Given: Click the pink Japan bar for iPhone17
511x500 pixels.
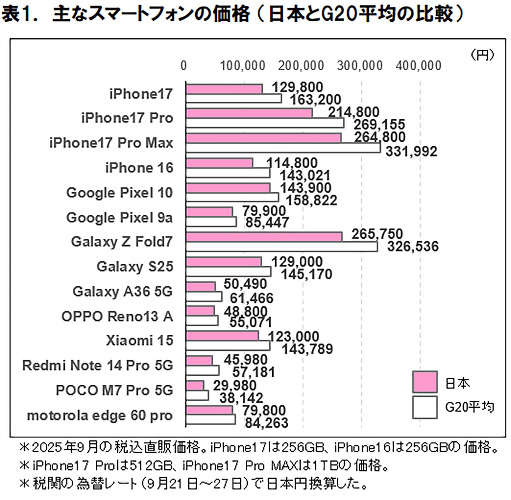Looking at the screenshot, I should coord(224,89).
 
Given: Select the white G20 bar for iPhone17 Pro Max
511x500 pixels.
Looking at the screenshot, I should coord(283,148).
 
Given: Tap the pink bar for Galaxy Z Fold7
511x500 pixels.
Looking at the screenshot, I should coord(264,237).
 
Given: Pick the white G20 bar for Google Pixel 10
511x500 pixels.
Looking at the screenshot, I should coord(233,197).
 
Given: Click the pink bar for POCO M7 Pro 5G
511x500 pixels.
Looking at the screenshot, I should coord(195,386).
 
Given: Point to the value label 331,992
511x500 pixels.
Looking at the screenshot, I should coord(411,151).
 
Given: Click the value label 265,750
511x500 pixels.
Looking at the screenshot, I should coord(377,234).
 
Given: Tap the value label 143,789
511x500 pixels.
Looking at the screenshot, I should coord(307,349).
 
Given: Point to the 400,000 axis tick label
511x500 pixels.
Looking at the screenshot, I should coord(419,66).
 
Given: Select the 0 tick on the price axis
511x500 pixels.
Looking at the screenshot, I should coord(184,66).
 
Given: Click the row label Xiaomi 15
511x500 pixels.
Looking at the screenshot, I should coord(140,340).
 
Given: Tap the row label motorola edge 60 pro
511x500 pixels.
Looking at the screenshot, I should coord(100,415).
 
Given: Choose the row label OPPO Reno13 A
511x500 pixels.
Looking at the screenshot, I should coord(117,316).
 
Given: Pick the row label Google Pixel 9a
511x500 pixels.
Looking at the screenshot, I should coord(119,217).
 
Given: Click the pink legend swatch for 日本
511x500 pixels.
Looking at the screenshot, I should coord(425,382).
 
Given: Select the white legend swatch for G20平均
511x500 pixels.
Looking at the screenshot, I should coord(425,407).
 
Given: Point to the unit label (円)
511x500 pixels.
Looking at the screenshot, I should coord(482,54).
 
